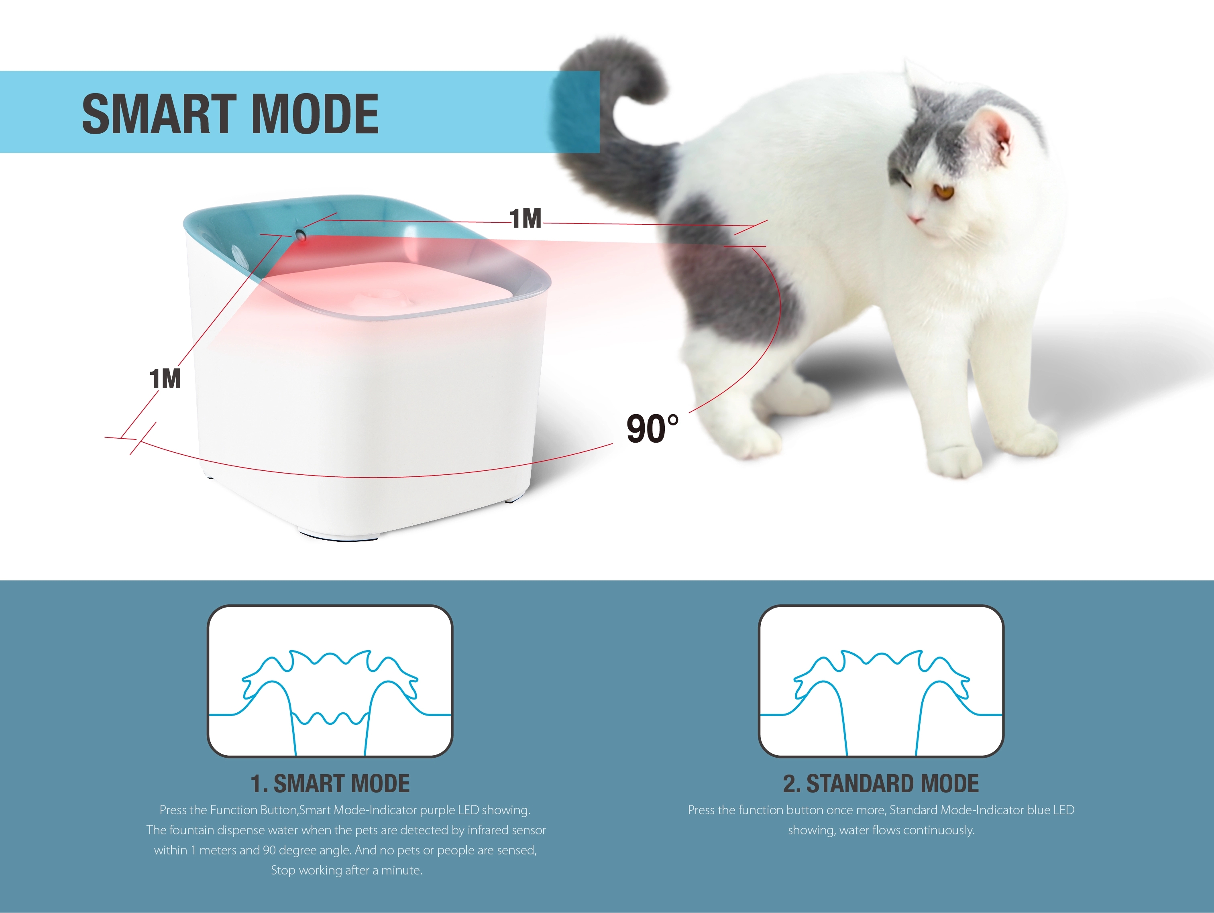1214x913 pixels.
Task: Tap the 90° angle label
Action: (652, 429)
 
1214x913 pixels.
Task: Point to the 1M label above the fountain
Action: (525, 219)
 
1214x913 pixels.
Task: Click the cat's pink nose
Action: (915, 220)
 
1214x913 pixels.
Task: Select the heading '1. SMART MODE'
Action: (330, 783)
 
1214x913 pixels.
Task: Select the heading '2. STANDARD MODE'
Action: (881, 783)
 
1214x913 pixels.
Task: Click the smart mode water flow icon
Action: (330, 681)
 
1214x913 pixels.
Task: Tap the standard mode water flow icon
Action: (881, 681)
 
